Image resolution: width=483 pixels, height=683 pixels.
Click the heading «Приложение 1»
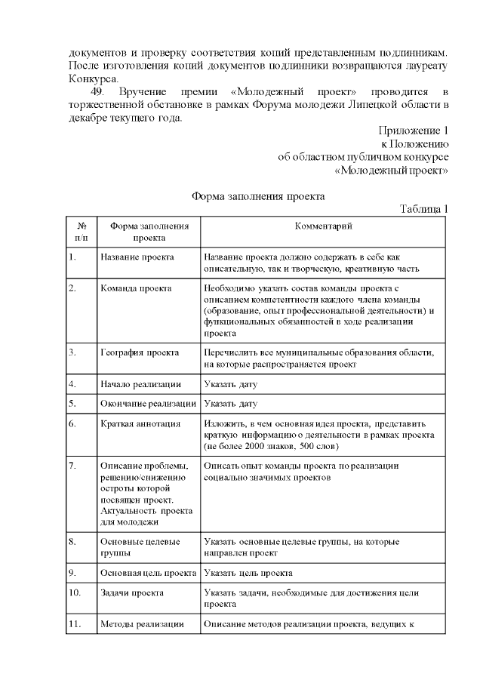tap(414, 130)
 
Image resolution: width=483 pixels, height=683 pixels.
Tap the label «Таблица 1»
tap(424, 209)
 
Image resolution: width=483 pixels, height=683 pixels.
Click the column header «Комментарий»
tap(323, 226)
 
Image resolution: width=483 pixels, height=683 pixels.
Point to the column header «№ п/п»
tap(81, 231)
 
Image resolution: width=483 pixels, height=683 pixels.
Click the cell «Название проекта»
tap(137, 257)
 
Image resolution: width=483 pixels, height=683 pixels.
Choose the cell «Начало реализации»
tap(140, 384)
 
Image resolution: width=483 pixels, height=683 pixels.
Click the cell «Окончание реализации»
tap(149, 404)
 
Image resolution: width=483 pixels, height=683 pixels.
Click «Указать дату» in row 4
tap(230, 384)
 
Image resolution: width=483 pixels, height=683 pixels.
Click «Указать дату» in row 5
tap(230, 404)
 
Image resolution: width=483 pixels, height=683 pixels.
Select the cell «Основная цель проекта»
tap(149, 573)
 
